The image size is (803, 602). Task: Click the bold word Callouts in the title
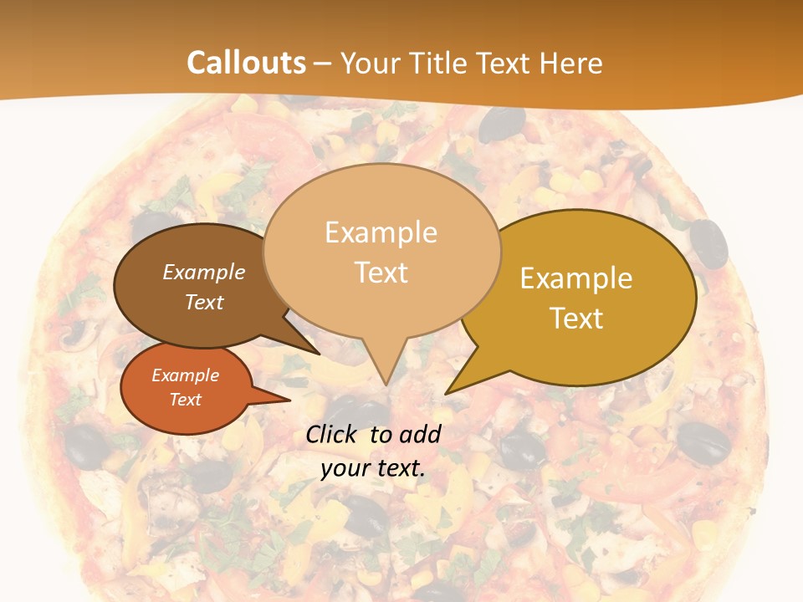click(x=246, y=63)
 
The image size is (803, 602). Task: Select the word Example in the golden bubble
click(x=576, y=278)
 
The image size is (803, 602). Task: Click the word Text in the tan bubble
click(x=381, y=273)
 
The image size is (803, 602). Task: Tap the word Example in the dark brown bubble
click(x=203, y=273)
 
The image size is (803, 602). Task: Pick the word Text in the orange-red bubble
click(x=186, y=400)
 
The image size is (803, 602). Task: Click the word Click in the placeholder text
click(x=332, y=434)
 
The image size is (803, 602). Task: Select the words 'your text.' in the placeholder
click(x=372, y=468)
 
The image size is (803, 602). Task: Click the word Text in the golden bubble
click(x=577, y=319)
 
